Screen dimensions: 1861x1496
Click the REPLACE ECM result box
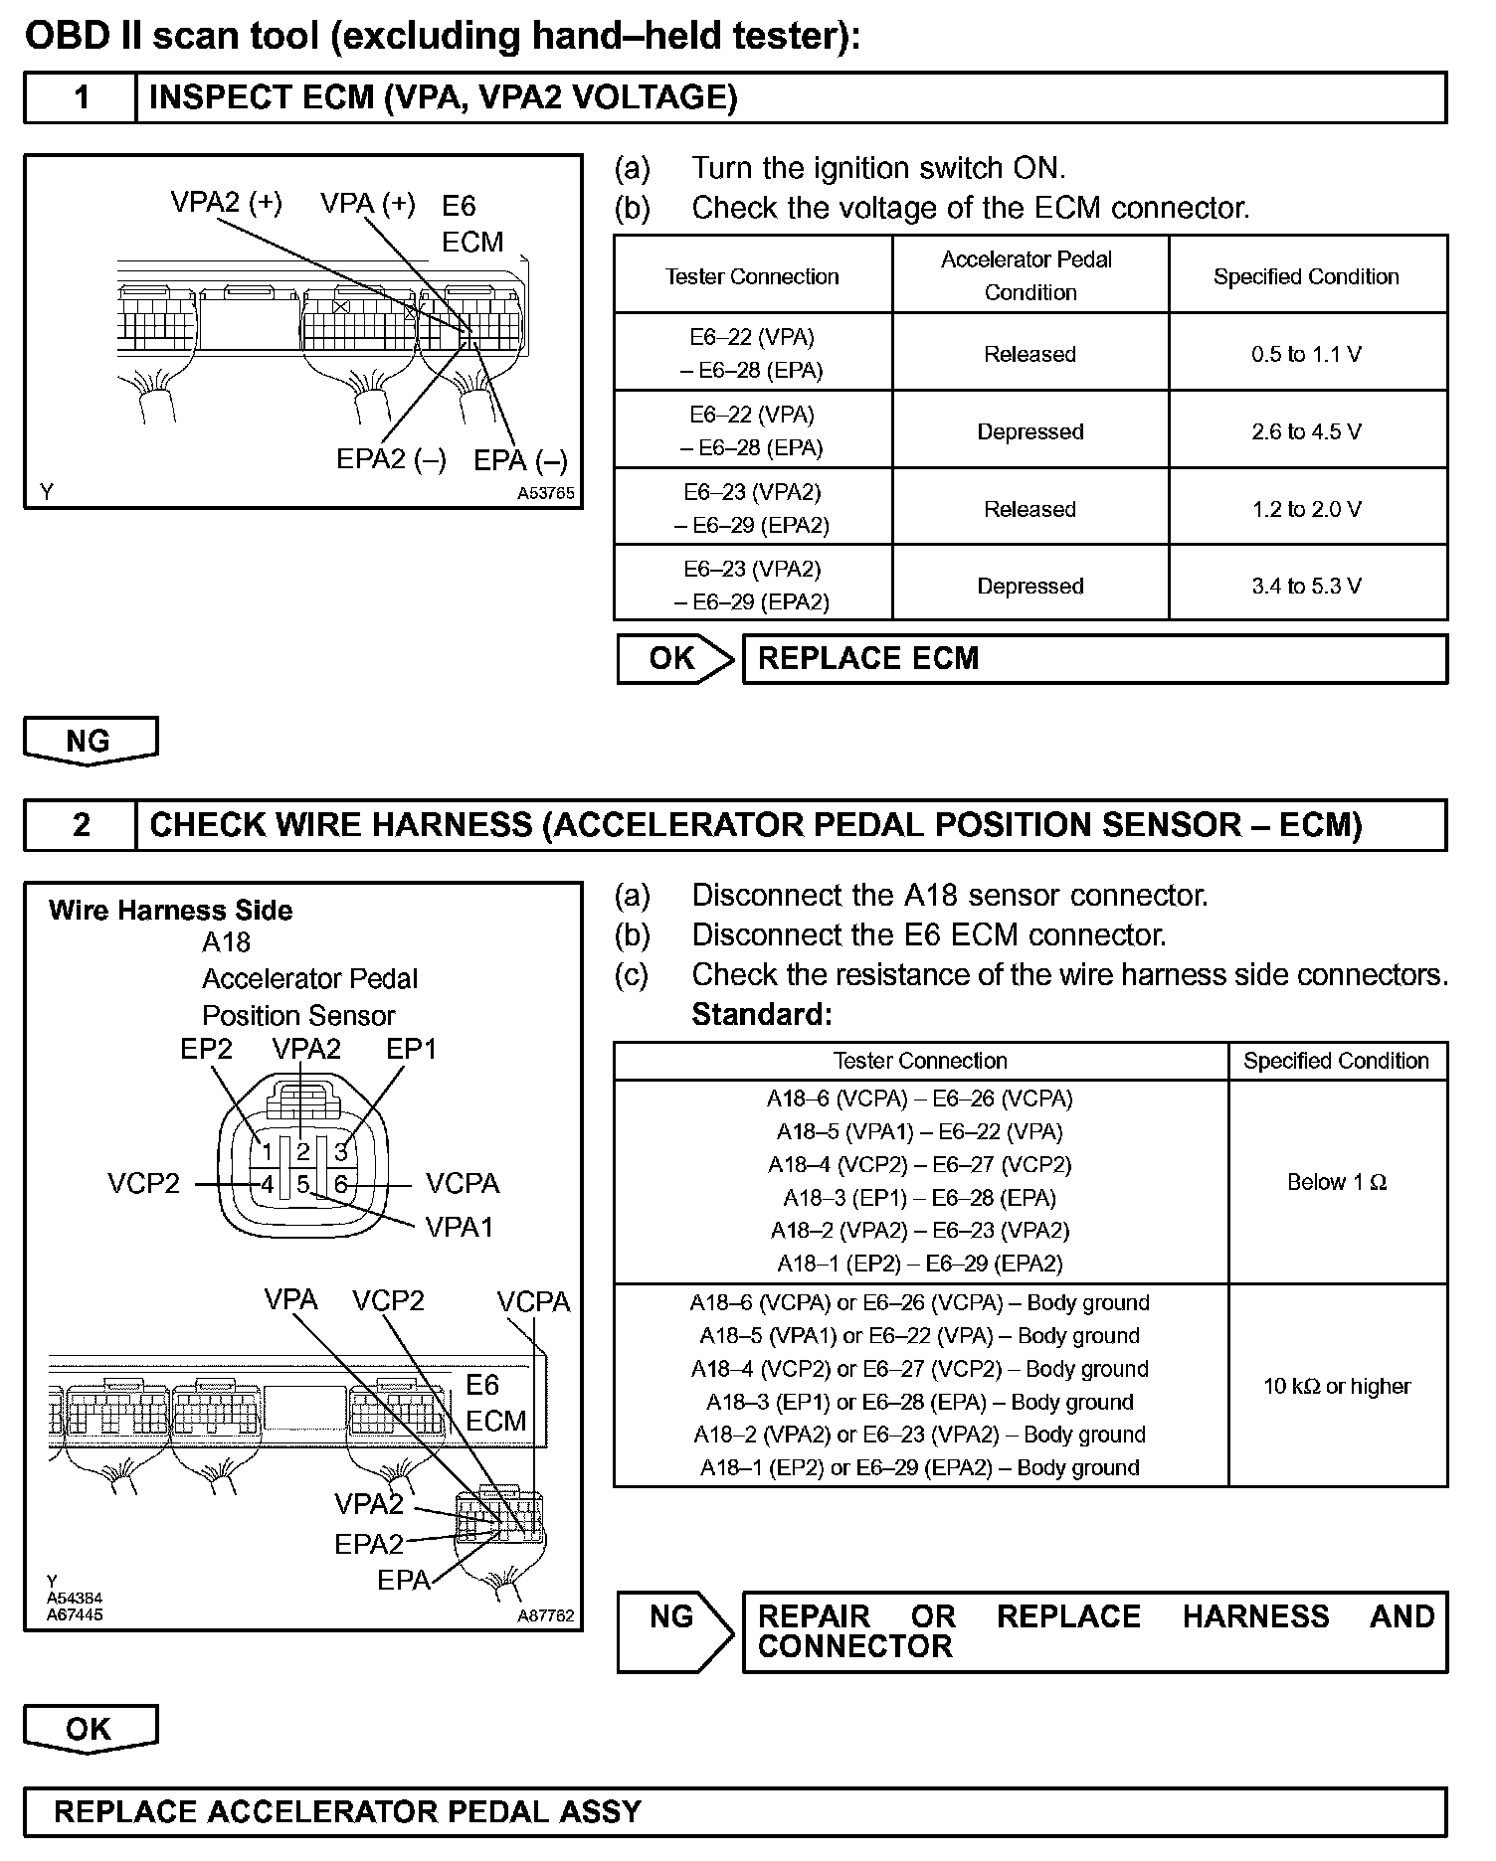[1094, 659]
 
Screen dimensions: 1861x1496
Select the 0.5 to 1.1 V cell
[1306, 354]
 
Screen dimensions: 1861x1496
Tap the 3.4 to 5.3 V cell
[1306, 586]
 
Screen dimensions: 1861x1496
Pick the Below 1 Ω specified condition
[1336, 1182]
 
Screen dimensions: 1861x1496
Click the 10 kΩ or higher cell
[1336, 1386]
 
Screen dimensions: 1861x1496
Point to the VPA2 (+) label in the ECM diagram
[226, 203]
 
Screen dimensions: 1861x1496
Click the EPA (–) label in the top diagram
[520, 461]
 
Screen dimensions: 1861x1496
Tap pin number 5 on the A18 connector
[303, 1185]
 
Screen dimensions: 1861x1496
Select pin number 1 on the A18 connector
[267, 1153]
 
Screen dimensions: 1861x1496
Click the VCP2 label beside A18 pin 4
[143, 1184]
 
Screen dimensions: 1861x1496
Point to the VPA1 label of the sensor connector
[459, 1228]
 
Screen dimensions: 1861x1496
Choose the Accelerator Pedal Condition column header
[1028, 275]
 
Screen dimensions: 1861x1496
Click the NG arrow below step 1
[90, 742]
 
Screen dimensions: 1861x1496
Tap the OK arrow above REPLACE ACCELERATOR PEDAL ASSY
[90, 1729]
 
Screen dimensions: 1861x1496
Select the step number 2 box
[81, 825]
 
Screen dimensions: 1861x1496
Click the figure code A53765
[545, 493]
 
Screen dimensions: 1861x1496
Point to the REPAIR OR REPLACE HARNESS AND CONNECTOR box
[1094, 1631]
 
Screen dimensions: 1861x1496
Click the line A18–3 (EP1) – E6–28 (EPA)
[919, 1198]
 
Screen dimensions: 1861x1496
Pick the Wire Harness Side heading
[170, 911]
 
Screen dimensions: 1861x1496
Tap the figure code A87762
[545, 1616]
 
